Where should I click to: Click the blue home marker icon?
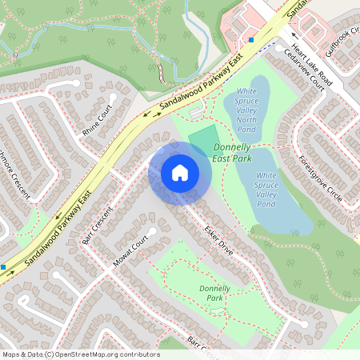[179, 173]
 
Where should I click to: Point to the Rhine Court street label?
[100, 115]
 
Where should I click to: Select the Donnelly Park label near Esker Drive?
[214, 292]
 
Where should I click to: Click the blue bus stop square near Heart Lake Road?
[251, 39]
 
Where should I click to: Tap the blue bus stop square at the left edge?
[3, 266]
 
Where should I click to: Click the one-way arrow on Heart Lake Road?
[294, 35]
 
